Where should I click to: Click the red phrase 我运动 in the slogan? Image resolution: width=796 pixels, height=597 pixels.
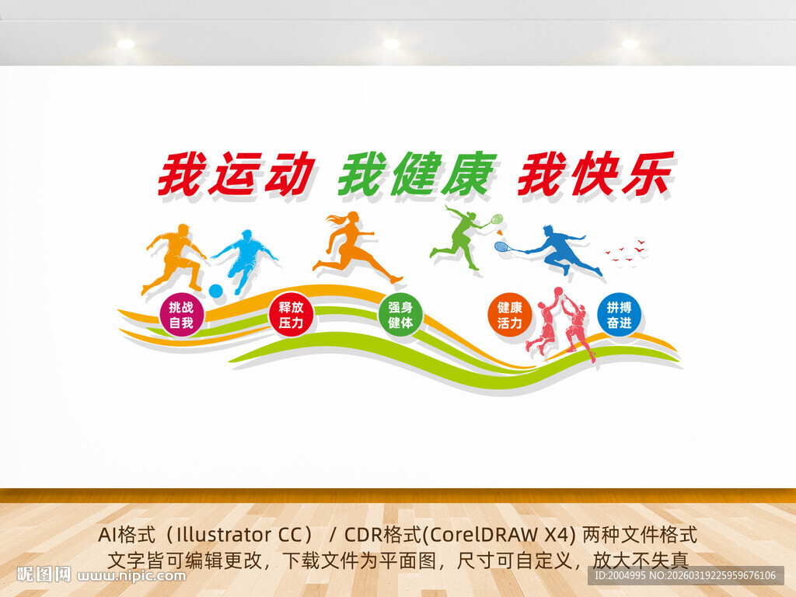(236, 173)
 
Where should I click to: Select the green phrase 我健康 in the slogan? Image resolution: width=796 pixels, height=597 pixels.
(417, 173)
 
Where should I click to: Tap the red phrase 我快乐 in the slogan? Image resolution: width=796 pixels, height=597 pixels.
(595, 173)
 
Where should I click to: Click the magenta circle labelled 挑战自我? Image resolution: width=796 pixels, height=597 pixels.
(181, 315)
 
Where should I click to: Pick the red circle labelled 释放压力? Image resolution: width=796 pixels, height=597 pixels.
(291, 315)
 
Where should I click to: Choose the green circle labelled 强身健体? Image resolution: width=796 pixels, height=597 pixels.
(400, 315)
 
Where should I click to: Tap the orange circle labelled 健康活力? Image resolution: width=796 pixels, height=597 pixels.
(510, 315)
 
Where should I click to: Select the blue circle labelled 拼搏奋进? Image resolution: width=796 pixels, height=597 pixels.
(620, 315)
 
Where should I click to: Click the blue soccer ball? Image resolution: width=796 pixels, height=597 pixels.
(216, 291)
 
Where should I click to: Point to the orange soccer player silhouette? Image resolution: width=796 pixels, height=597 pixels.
(176, 257)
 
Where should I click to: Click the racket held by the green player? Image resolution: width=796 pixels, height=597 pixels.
(496, 220)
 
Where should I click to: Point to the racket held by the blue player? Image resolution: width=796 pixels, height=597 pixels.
(504, 247)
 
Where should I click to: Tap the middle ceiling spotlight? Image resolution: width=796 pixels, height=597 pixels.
(391, 44)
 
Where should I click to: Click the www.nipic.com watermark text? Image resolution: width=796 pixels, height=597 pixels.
(131, 576)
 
